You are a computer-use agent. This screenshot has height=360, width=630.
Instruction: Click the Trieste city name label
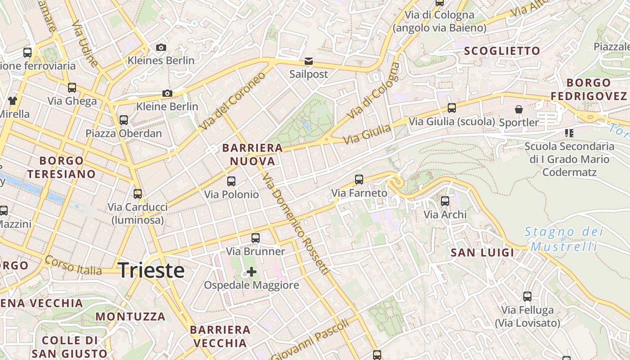point(151,270)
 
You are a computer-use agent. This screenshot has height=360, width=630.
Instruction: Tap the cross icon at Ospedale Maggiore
point(252,272)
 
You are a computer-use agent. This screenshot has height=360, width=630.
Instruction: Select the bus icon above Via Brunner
point(256,238)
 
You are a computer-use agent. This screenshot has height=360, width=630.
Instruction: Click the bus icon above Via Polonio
point(231,181)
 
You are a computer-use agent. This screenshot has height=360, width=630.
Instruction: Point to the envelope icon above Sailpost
point(309,61)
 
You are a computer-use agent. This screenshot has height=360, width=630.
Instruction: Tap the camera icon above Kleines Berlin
point(161,47)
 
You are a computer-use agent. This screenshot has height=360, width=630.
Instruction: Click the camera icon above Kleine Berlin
point(167,94)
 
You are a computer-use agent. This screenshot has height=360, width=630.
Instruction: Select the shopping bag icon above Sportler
point(519,109)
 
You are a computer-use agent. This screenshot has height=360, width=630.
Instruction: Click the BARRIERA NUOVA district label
point(252,154)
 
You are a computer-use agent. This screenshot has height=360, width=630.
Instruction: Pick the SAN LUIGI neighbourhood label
point(482,253)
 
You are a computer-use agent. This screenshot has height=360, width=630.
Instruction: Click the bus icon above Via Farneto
point(359,180)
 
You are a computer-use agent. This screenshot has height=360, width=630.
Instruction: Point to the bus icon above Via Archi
point(445,201)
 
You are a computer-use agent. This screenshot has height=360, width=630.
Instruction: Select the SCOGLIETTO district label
point(502,51)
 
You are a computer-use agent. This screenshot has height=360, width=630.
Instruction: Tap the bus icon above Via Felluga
point(527,297)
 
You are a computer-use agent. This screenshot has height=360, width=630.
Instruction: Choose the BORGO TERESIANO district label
point(61,167)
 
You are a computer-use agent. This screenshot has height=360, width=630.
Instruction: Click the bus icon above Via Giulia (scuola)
point(452,108)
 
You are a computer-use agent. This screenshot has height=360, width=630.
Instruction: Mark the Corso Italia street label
point(73,266)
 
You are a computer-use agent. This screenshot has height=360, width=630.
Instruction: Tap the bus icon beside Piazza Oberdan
point(124,120)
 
